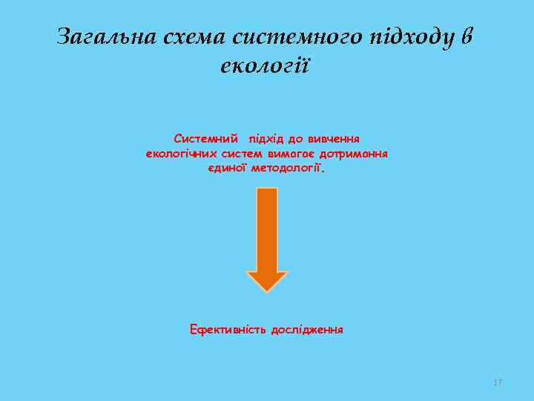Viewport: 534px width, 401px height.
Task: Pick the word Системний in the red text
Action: point(206,138)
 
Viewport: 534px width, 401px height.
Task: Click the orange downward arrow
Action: point(267,230)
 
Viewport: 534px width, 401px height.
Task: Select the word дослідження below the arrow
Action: point(307,328)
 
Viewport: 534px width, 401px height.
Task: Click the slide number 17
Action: point(498,382)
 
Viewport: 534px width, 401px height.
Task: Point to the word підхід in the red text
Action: point(268,138)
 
